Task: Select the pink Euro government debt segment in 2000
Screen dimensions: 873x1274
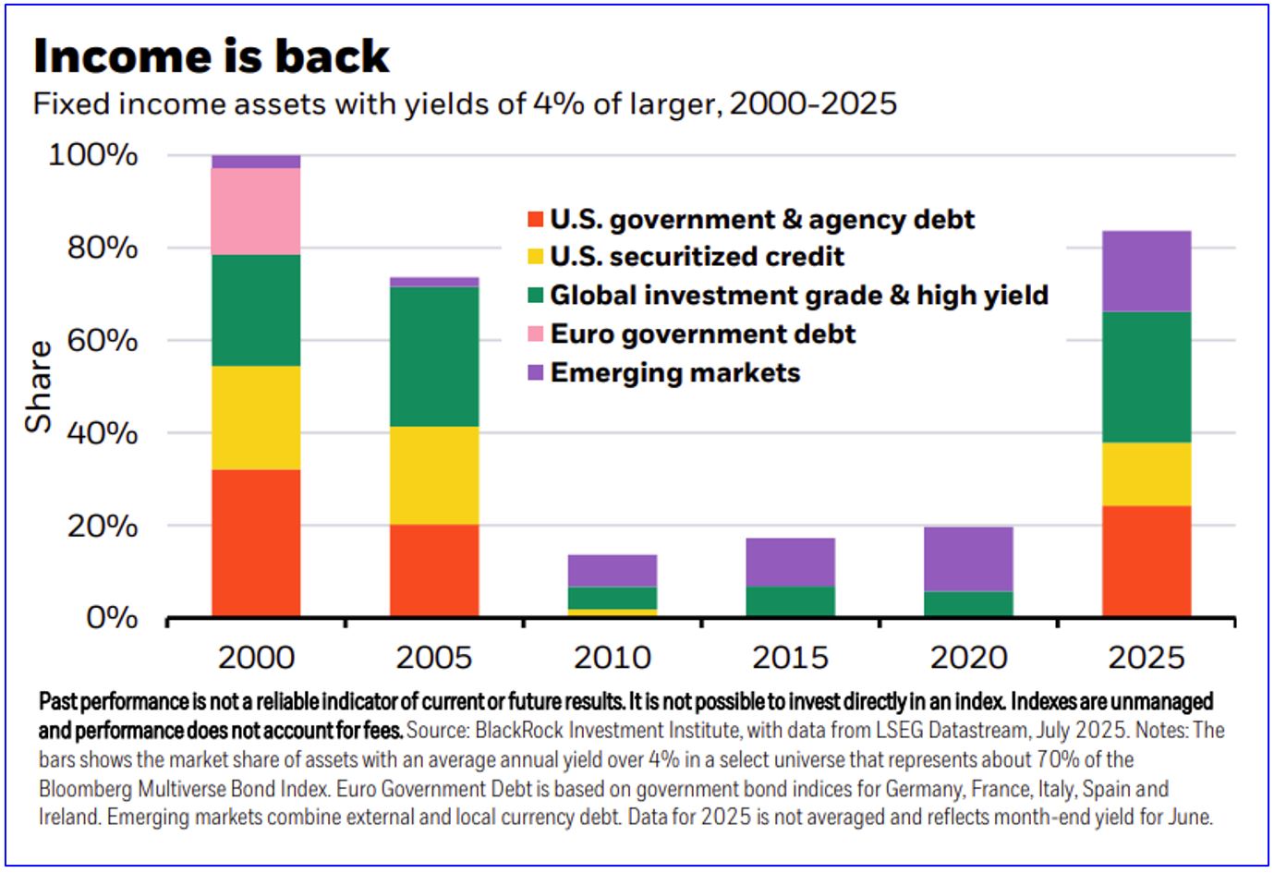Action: pos(256,211)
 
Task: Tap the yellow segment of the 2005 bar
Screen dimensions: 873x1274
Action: pos(434,475)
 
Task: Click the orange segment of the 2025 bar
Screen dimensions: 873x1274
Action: pos(1147,561)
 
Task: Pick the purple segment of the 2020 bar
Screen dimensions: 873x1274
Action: pos(968,559)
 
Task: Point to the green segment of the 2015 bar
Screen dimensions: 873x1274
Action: pos(790,601)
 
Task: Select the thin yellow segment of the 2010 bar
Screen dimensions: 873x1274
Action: pos(613,612)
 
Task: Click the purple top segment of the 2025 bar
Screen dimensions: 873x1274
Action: pos(1147,271)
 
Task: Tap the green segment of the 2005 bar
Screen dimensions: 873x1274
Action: pos(434,357)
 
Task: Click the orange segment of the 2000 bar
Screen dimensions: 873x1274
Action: pos(256,543)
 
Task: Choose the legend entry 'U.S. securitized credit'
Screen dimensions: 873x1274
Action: pos(697,257)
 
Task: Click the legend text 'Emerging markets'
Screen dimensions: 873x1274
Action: pos(674,373)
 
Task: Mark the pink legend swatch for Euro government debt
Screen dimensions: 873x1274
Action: pos(535,334)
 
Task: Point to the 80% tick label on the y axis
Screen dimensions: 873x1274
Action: pos(102,248)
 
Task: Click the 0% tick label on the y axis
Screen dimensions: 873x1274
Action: pos(111,617)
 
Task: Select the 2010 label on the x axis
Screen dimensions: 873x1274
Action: pos(613,658)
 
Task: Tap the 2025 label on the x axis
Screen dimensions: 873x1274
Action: pos(1147,658)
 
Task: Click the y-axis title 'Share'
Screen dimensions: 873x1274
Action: pos(39,386)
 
